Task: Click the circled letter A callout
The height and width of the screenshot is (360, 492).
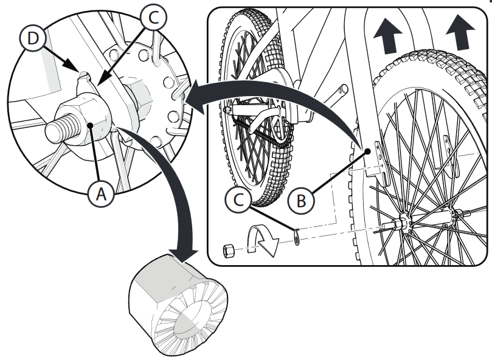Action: [x=101, y=194]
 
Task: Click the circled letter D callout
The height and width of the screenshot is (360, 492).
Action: [x=33, y=38]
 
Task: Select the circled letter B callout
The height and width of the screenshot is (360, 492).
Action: [x=301, y=200]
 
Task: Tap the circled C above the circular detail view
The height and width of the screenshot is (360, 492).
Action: [x=153, y=17]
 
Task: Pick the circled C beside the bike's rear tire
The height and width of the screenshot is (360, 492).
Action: [x=238, y=199]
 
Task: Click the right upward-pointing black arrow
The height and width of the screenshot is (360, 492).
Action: [x=460, y=33]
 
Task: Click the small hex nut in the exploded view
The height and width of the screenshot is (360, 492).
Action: [x=229, y=251]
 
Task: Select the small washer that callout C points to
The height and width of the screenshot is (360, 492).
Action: [x=297, y=237]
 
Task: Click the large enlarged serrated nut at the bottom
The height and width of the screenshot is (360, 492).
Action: [x=178, y=305]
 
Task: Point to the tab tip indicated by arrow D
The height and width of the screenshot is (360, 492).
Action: [x=83, y=74]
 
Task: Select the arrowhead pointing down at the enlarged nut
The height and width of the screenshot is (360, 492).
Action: [x=184, y=254]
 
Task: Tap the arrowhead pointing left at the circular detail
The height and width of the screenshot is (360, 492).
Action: [x=196, y=98]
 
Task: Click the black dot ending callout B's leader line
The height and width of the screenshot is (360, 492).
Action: [x=368, y=151]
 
